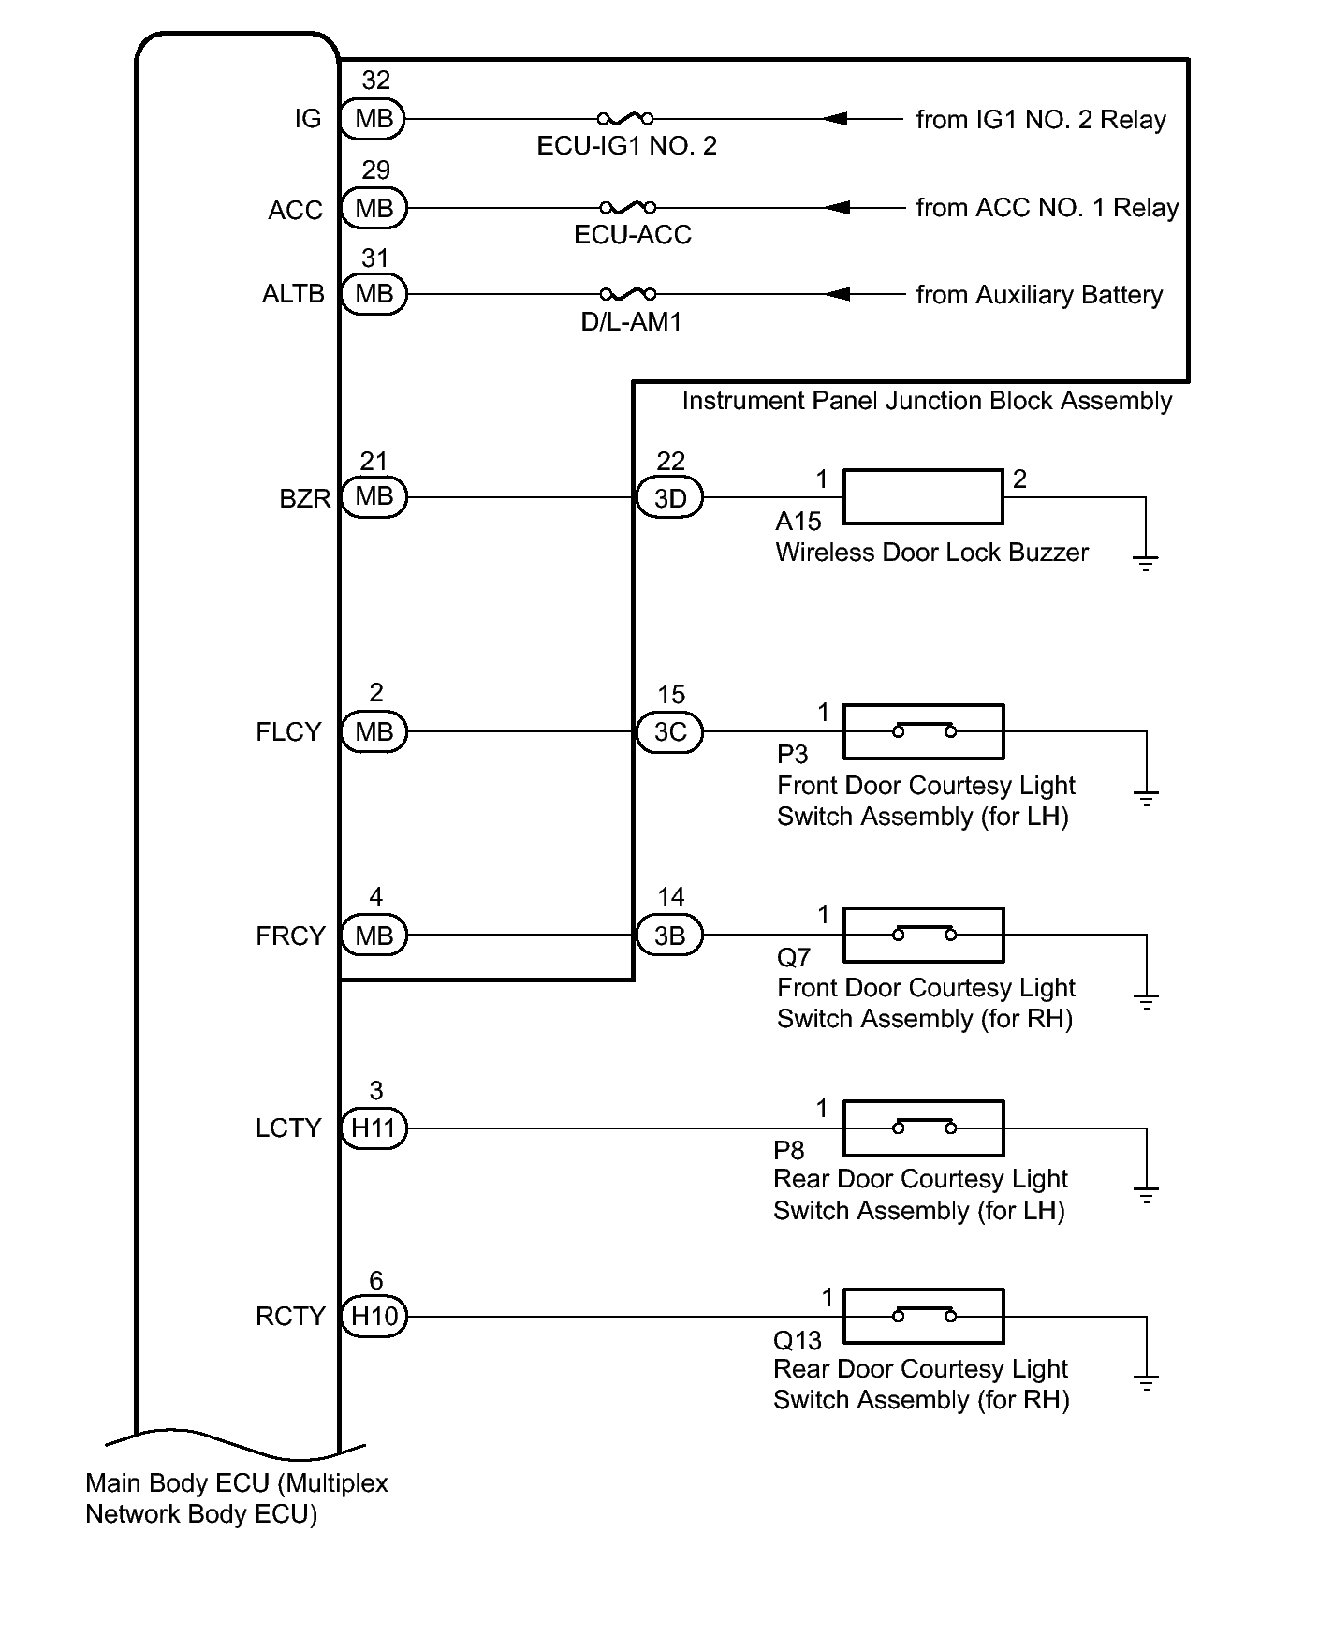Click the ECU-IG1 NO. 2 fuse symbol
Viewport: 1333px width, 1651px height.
click(x=625, y=119)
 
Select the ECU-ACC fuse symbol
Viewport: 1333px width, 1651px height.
click(x=627, y=207)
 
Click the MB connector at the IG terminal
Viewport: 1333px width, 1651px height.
click(x=374, y=119)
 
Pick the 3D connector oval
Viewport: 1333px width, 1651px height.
click(x=670, y=497)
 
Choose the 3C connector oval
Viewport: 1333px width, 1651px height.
click(x=670, y=731)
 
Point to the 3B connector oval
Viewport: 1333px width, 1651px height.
click(x=669, y=936)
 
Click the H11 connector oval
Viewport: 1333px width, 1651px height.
click(x=374, y=1128)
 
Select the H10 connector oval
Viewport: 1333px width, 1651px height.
click(x=374, y=1317)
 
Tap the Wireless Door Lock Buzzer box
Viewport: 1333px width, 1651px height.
click(x=923, y=497)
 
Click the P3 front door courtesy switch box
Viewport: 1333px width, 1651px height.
click(x=923, y=731)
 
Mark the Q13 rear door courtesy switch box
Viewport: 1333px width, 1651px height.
click(x=923, y=1317)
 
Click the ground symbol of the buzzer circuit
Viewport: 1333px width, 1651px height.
click(x=1145, y=562)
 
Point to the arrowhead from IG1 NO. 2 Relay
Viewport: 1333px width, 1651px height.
click(x=836, y=119)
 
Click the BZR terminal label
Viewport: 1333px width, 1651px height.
click(x=305, y=498)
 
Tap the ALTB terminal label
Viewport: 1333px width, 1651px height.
click(x=293, y=294)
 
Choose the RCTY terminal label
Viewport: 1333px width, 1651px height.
click(x=290, y=1317)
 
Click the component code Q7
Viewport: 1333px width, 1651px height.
click(x=794, y=957)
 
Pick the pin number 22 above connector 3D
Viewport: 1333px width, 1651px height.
click(x=670, y=461)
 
